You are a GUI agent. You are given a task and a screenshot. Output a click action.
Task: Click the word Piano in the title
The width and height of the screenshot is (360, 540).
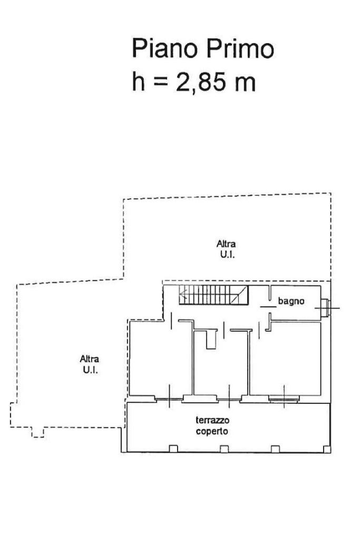pyautogui.click(x=163, y=49)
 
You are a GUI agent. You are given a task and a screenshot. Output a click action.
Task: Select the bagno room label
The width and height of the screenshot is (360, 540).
pyautogui.click(x=290, y=302)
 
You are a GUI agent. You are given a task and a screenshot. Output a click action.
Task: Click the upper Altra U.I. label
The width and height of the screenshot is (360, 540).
pyautogui.click(x=226, y=248)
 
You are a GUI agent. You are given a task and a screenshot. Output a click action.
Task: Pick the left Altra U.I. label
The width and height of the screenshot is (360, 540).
pyautogui.click(x=89, y=364)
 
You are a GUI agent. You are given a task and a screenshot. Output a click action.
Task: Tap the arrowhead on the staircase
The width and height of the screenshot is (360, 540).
pyautogui.click(x=182, y=295)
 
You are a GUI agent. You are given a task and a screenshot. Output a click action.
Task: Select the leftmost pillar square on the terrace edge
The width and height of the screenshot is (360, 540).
pyautogui.click(x=172, y=449)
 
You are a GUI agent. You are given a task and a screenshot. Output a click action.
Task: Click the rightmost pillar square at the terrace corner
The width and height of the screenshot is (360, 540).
pyautogui.click(x=327, y=449)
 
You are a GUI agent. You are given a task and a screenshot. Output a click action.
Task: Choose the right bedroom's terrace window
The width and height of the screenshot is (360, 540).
pyautogui.click(x=284, y=399)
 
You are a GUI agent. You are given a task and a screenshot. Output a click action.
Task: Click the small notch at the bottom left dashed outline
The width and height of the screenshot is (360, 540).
pyautogui.click(x=37, y=433)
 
